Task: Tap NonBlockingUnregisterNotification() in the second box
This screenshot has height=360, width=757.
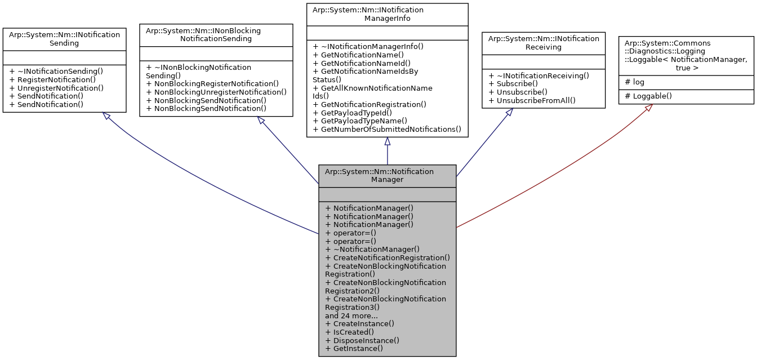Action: [x=216, y=91]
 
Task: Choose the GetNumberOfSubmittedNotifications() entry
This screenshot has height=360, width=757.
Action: [x=387, y=129]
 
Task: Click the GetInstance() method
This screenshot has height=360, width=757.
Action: [x=354, y=348]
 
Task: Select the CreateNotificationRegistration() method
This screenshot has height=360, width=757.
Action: [x=388, y=257]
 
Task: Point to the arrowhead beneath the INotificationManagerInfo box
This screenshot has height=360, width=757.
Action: [x=387, y=141]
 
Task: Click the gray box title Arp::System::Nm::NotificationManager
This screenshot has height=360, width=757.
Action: [x=387, y=175]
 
